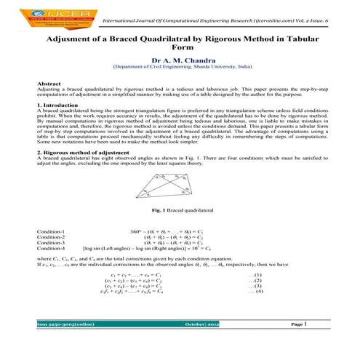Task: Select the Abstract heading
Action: (48, 84)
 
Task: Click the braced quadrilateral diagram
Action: (179, 187)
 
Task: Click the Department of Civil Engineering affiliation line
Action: (179, 66)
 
